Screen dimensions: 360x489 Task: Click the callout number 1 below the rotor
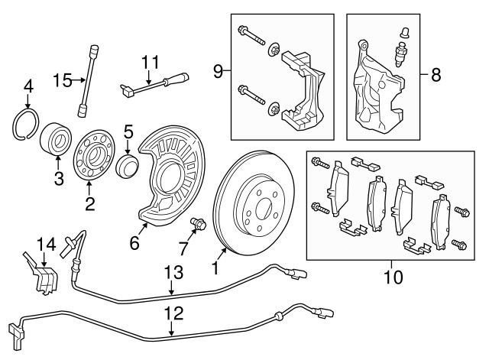point(216,268)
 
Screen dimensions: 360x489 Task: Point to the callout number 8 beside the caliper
point(436,75)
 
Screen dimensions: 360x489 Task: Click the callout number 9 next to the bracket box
point(218,73)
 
